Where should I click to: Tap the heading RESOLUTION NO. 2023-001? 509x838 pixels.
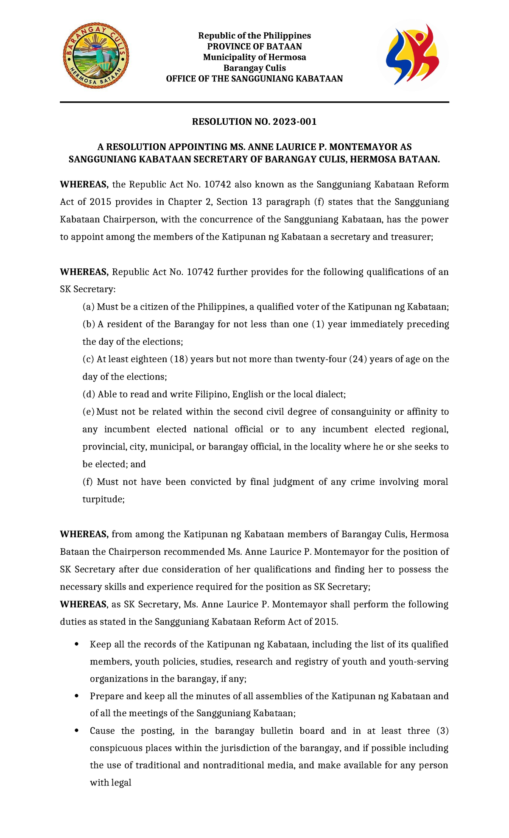tap(254, 122)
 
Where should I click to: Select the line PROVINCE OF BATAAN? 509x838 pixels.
tap(254, 46)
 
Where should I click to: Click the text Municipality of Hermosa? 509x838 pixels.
tap(254, 57)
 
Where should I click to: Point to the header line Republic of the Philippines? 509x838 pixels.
tap(254, 36)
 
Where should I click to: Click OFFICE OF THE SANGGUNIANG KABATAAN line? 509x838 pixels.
tap(254, 79)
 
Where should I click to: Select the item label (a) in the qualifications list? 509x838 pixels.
tap(88, 307)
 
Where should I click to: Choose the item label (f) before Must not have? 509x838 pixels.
tap(88, 482)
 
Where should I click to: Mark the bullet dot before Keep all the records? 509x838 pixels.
tap(76, 644)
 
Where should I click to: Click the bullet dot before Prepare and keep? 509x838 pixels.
tap(76, 696)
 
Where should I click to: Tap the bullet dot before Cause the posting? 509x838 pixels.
tap(76, 731)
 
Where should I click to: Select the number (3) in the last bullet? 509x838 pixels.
tap(442, 731)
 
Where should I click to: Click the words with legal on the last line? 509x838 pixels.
tap(110, 783)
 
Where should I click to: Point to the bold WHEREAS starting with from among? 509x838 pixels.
tap(84, 534)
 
